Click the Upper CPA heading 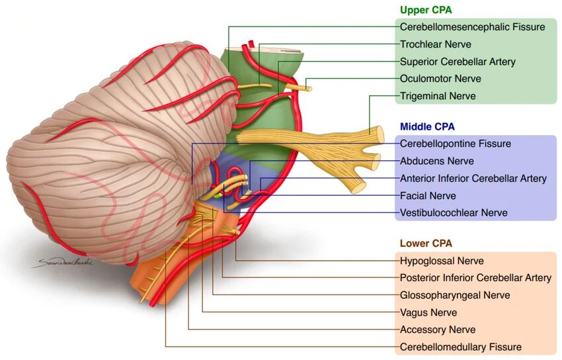click(x=426, y=10)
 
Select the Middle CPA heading click(x=427, y=126)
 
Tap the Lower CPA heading click(x=426, y=244)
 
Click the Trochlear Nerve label click(x=436, y=44)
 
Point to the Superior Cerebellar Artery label click(x=458, y=62)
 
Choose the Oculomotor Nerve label click(x=440, y=79)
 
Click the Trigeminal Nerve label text click(x=438, y=96)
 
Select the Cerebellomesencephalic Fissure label click(x=472, y=27)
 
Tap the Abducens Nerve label click(x=437, y=161)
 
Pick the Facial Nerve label click(x=428, y=196)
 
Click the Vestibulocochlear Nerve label click(x=454, y=213)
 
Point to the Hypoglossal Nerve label click(x=442, y=261)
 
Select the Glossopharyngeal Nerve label click(x=455, y=295)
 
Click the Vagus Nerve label click(x=428, y=312)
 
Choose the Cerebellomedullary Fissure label click(x=461, y=347)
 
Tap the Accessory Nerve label click(x=438, y=330)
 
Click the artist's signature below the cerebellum click(x=63, y=263)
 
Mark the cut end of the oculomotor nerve click(x=309, y=89)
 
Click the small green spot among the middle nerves click(x=218, y=196)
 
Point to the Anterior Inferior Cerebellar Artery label click(x=473, y=179)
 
